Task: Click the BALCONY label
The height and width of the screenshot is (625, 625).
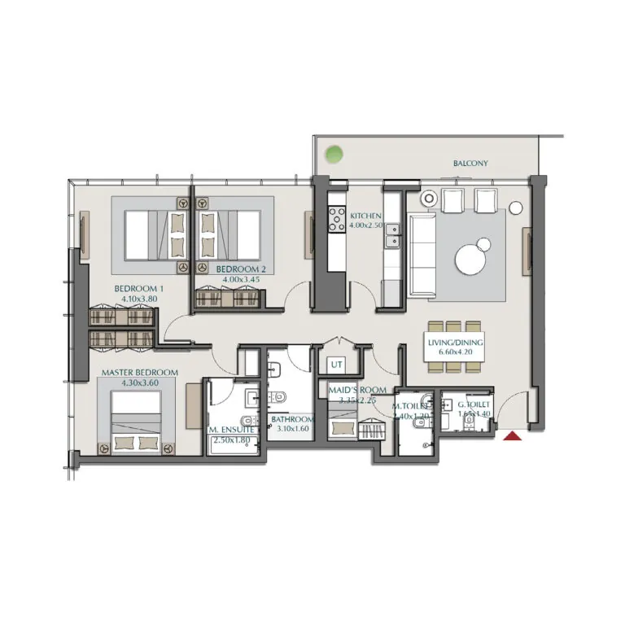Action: coord(470,164)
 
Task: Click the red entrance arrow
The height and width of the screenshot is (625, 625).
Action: coord(513,438)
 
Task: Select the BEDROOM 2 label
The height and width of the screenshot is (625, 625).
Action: coord(242,269)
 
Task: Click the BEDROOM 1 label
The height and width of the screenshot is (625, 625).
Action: coord(139,289)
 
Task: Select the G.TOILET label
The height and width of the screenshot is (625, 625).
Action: coord(474,404)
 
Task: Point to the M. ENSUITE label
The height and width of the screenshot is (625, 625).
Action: coord(234,429)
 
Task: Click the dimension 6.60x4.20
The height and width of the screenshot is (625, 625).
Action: coord(456,353)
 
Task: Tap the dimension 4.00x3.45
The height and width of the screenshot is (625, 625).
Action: coord(242,280)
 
